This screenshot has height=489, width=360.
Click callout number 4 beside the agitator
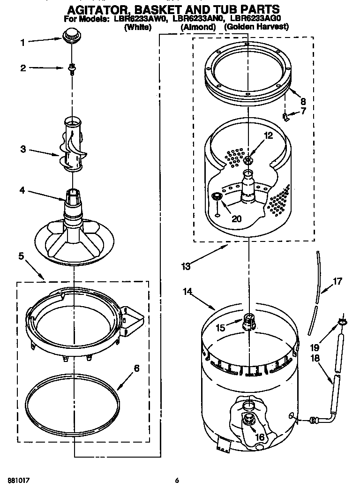click(x=22, y=191)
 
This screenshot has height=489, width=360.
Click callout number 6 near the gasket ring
click(x=136, y=368)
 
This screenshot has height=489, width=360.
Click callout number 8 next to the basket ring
click(x=303, y=101)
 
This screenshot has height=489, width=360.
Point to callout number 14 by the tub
click(x=187, y=292)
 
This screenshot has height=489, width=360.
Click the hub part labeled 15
click(x=249, y=322)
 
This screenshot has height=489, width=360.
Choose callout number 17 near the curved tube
click(x=337, y=282)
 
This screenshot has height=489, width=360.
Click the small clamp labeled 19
click(x=341, y=321)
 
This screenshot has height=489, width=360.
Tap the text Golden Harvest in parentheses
click(x=255, y=27)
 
